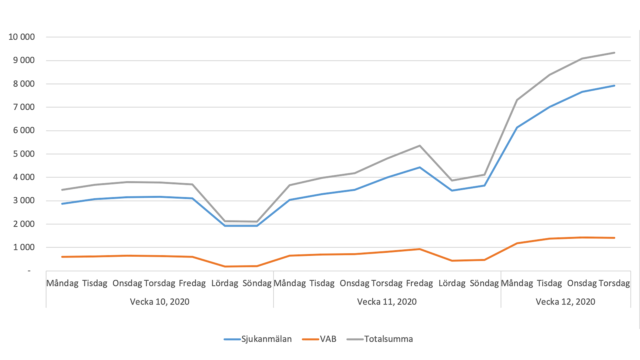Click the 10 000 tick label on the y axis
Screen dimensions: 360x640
tap(22, 37)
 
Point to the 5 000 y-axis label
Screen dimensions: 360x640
tap(24, 154)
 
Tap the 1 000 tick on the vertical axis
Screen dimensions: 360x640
tap(24, 247)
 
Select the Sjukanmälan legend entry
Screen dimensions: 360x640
tap(266, 339)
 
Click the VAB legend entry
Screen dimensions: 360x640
tap(328, 339)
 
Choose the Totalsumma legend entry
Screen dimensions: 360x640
tap(388, 339)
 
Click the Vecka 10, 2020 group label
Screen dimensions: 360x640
tap(160, 302)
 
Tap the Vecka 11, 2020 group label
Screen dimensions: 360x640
tap(387, 302)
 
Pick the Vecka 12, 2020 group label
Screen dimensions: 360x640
tap(565, 302)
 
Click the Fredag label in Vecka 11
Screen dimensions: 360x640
tap(419, 283)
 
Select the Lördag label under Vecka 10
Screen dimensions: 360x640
tap(225, 283)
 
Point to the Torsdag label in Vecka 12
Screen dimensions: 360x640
tap(614, 283)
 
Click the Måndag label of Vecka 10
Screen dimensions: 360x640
tap(62, 283)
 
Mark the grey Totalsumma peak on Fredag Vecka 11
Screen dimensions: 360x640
tap(420, 146)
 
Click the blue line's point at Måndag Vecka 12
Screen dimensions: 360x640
tap(517, 127)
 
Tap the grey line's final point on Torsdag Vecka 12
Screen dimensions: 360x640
tap(614, 53)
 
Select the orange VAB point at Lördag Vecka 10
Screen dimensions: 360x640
tap(225, 267)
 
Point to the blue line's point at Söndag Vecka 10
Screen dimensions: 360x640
tap(257, 226)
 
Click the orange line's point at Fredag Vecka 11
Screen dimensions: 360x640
tap(420, 249)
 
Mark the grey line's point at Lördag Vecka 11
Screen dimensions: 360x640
tap(452, 181)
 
